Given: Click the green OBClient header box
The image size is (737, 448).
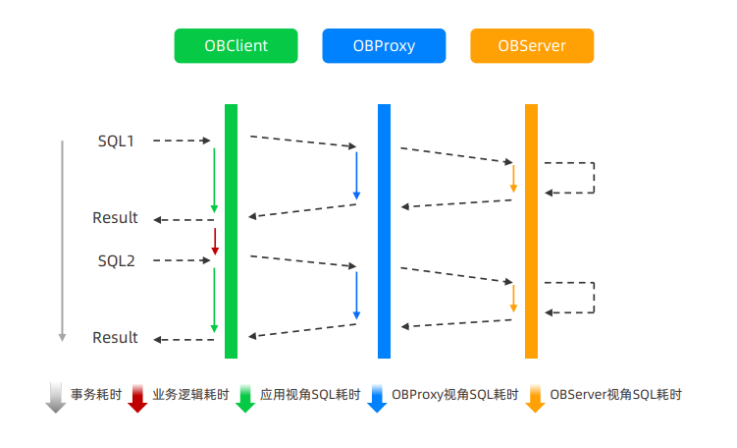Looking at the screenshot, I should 236,46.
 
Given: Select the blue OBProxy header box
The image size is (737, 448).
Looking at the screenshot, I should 384,46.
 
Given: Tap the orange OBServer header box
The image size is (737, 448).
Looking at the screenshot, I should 532,46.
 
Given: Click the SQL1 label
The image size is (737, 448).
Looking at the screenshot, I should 116,141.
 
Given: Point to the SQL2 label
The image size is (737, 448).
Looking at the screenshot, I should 116,261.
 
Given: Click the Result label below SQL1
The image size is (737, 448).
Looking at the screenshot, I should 116,218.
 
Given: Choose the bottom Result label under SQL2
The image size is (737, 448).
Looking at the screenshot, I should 116,338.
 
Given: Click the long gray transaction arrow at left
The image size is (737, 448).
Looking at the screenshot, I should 62,241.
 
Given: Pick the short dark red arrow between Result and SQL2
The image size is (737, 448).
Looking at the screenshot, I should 214,241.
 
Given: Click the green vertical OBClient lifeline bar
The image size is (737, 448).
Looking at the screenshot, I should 232,231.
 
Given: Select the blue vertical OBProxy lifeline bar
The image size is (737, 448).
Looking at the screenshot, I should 384,231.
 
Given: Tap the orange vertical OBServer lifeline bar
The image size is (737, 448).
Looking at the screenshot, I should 532,231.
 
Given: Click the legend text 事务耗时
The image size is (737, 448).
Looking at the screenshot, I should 96,395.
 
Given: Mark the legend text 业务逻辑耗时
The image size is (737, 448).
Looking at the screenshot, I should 190,395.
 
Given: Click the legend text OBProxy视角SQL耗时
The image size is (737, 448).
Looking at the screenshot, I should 454,395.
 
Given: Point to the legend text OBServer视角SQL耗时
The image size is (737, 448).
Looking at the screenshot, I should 615,395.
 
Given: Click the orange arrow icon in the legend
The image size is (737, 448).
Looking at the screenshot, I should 535,397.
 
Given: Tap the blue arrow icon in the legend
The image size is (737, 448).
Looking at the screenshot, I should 376,397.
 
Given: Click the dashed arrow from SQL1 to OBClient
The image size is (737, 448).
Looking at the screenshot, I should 183,141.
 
